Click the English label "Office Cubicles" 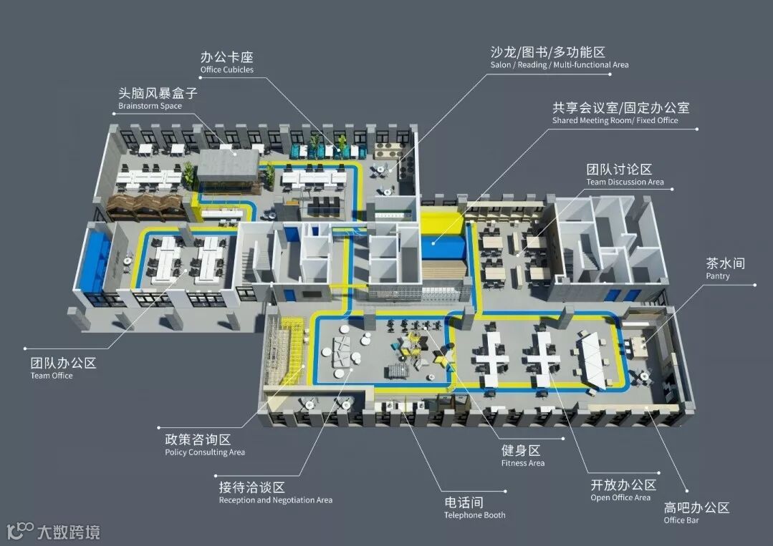(226, 70)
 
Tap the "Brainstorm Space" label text (150, 106)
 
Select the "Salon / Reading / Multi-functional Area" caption (559, 65)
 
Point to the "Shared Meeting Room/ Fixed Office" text (615, 121)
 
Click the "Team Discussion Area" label (625, 182)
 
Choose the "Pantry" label (717, 276)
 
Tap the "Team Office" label (52, 376)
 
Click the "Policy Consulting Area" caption (205, 452)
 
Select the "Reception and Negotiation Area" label (275, 500)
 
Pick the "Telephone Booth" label (474, 515)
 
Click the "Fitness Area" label (522, 463)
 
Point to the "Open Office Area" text (620, 497)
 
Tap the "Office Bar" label (681, 520)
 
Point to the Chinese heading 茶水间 (725, 263)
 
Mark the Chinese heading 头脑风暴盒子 (157, 93)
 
